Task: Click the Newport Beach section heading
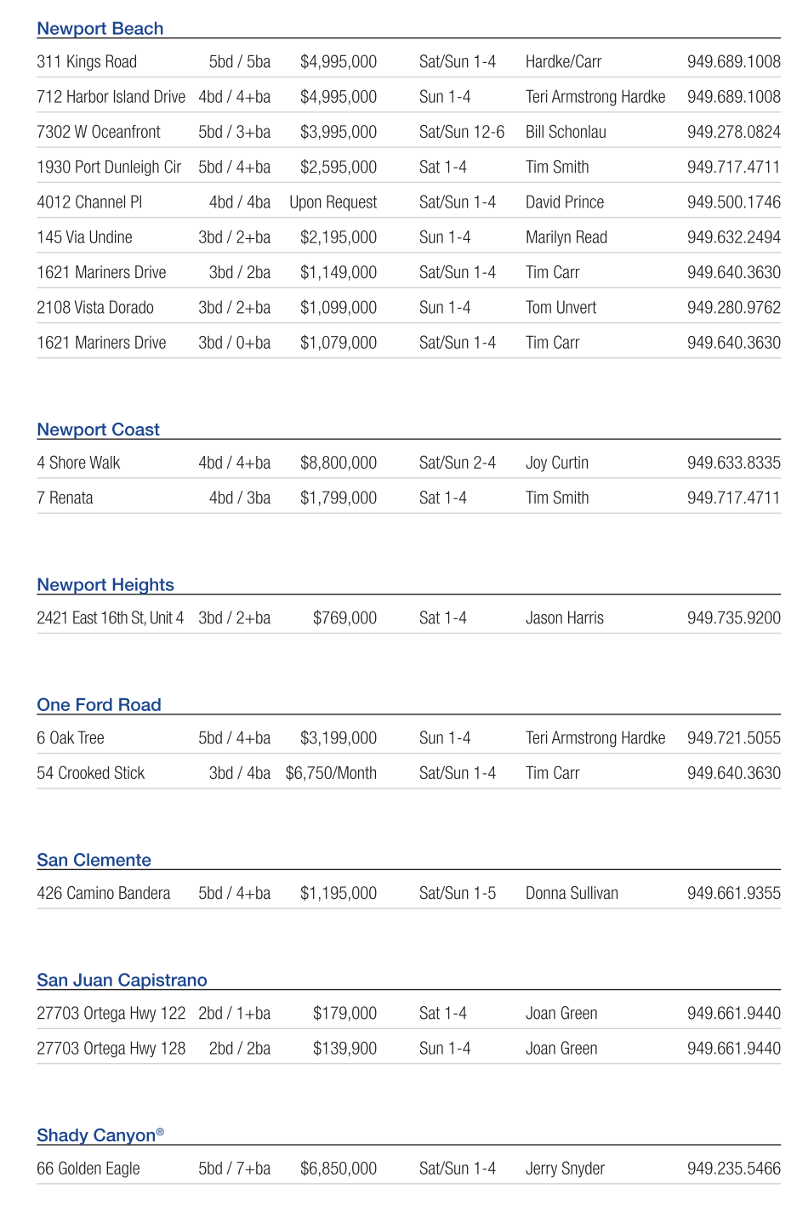click(100, 29)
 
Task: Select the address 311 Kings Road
click(87, 62)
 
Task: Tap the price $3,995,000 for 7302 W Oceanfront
click(338, 132)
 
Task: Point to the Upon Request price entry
click(333, 202)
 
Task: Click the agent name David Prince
click(564, 202)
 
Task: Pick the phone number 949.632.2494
click(733, 237)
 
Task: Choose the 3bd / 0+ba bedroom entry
click(234, 343)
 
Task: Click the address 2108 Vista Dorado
click(95, 308)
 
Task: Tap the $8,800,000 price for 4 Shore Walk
click(338, 463)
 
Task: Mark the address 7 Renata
click(65, 498)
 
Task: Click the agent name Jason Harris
click(564, 618)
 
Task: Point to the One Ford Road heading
click(99, 705)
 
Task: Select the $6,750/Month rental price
click(331, 773)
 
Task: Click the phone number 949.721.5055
click(733, 738)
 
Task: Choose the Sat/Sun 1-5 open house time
click(457, 893)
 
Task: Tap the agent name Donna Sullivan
click(572, 893)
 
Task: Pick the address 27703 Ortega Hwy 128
click(111, 1049)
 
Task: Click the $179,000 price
click(344, 1014)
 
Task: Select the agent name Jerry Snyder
click(565, 1169)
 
